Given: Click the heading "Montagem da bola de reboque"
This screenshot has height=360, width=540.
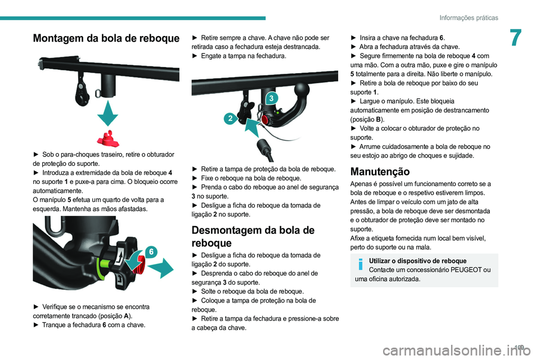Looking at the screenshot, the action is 106,38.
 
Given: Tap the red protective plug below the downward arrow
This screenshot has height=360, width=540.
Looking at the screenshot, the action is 108,138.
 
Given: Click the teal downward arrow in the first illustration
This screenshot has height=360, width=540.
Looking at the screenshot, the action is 107,113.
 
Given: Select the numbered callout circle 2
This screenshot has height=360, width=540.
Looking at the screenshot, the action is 231,119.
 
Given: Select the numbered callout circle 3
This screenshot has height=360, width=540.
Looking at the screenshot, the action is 271,98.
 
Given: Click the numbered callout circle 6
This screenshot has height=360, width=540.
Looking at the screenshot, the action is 151,252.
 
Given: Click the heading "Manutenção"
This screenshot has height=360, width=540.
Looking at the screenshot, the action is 380,172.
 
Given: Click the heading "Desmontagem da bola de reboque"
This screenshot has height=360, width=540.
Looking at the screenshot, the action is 253,236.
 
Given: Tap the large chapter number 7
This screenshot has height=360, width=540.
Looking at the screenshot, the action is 516,38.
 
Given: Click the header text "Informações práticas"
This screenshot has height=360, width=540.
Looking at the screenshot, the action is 469,17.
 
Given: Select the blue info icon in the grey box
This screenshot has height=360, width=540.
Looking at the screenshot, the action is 360,264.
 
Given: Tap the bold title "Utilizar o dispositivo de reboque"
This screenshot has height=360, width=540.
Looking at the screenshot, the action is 418,261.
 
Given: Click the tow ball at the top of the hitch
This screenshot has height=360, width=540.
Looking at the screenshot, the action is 302,90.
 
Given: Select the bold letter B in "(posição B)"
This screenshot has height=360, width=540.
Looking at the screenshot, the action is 379,120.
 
